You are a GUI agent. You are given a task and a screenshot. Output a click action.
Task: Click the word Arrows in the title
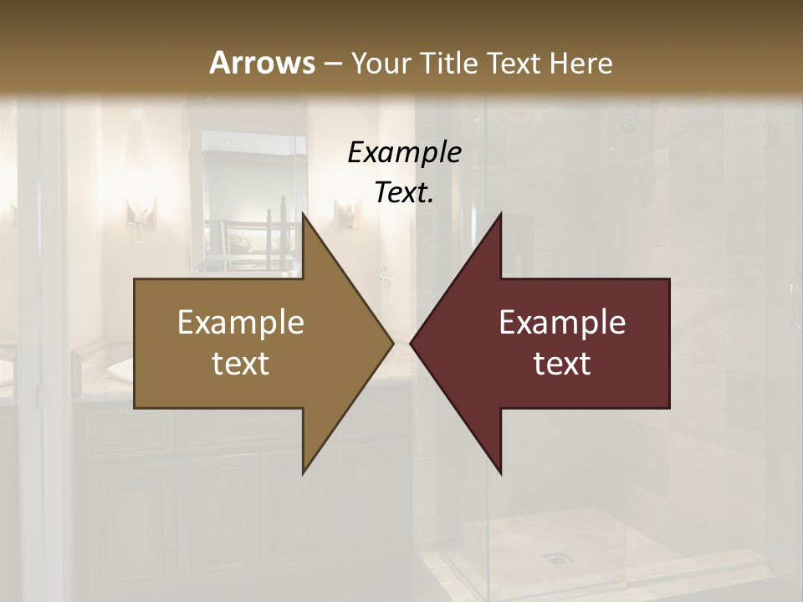click(262, 63)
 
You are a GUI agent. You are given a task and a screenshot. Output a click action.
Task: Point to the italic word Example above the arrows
click(404, 152)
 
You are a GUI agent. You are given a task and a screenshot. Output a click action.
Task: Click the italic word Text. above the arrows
click(404, 193)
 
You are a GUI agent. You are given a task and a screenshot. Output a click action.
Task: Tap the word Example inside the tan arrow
click(240, 322)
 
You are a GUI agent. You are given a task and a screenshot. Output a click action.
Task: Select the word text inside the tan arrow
click(240, 364)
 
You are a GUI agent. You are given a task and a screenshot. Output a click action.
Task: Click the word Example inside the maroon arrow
click(562, 322)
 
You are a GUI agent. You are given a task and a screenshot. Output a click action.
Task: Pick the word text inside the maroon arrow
click(562, 364)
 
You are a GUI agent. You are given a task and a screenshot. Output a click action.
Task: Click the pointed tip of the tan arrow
click(391, 343)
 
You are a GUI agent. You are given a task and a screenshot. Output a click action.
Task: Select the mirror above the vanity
click(243, 201)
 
